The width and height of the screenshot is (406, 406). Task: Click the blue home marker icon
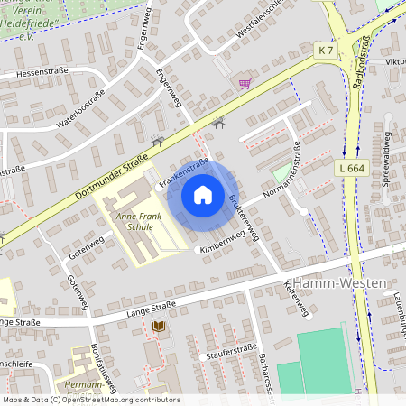[x=203, y=194]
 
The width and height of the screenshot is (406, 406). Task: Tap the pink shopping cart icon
[x=244, y=84]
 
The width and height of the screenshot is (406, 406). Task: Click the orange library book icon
[x=161, y=326]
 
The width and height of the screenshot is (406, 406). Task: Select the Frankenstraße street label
[x=184, y=172]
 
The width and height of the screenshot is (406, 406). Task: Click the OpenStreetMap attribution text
[x=91, y=400]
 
